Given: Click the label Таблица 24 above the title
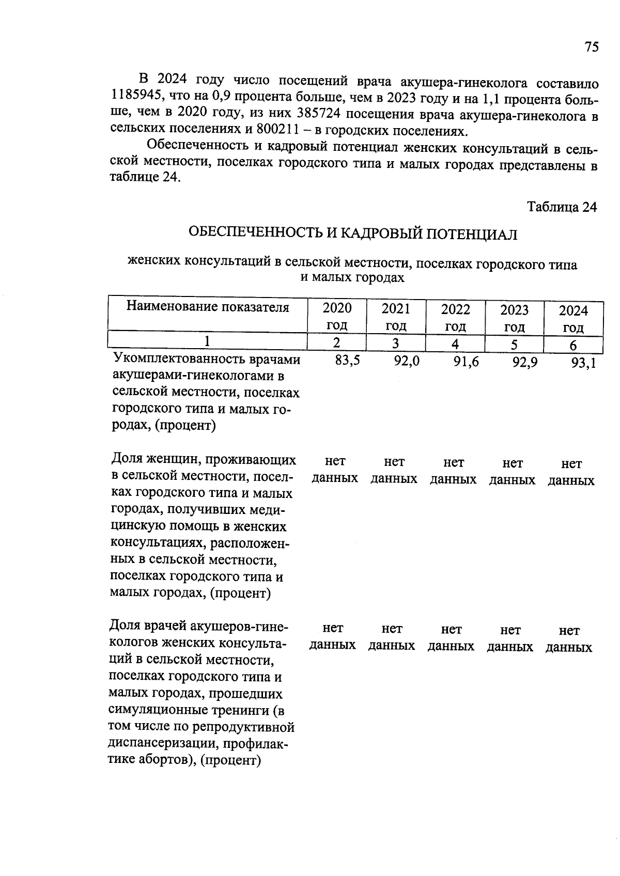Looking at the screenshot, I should pos(562,207).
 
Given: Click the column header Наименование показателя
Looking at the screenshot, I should pos(208,307).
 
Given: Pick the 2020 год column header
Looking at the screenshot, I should pos(337,317).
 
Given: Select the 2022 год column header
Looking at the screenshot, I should pos(455,318).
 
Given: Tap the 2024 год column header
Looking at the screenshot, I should pos(573,319).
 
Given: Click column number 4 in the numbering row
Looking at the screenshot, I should pos(455,344).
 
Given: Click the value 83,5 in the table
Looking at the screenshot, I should pos(347,361).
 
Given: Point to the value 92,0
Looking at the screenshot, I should pos(406,361).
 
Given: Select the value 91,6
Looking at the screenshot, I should pos(466,362).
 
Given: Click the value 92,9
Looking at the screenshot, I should pos(524,362).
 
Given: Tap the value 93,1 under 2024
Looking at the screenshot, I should pos(583,363).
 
